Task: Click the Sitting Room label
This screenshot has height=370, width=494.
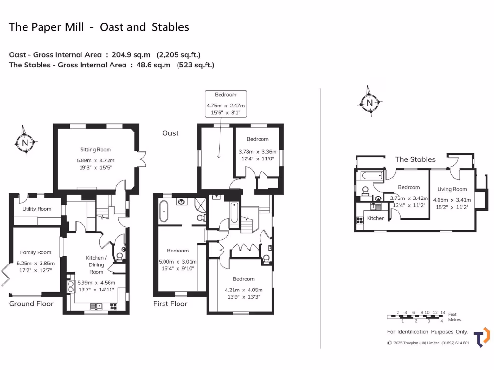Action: point(96,149)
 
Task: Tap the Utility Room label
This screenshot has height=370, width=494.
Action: point(37,209)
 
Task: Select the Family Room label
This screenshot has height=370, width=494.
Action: point(35,252)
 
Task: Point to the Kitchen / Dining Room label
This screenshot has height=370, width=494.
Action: point(96,264)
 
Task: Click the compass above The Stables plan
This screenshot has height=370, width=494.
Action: point(370,102)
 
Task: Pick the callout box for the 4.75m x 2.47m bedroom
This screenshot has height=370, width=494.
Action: point(225,103)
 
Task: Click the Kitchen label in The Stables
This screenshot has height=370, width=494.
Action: point(376,218)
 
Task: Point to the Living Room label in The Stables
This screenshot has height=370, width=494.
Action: point(452,189)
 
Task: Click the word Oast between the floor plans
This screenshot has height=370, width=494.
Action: point(170,133)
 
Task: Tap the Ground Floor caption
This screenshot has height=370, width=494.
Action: point(31,304)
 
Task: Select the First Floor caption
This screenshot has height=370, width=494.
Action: point(170,304)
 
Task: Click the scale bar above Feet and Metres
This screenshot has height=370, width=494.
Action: point(416,316)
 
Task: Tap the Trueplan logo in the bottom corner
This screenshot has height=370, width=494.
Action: point(481,337)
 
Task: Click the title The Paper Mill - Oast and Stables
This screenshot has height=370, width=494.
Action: point(99,27)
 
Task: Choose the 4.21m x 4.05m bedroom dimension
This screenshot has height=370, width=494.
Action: point(244,293)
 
